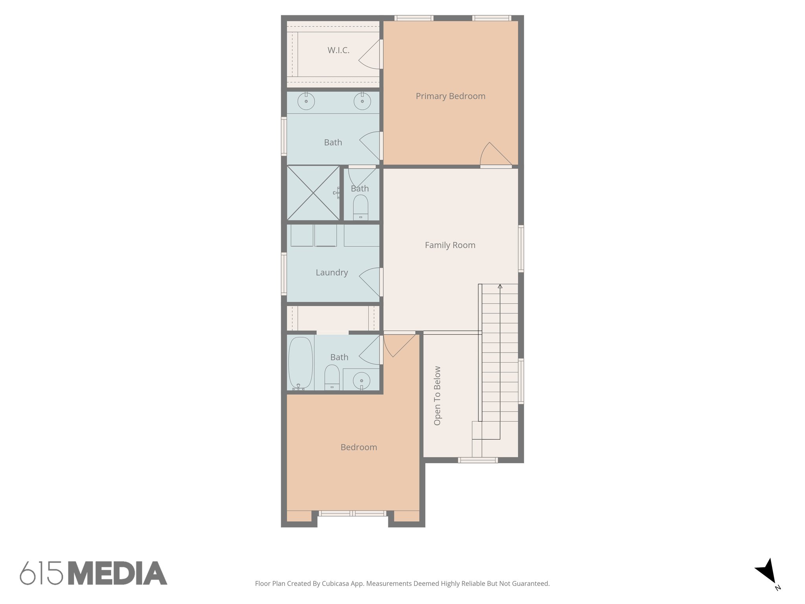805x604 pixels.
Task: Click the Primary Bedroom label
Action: point(450,96)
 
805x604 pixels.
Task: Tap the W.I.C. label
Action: point(338,50)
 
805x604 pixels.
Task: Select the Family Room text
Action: point(450,245)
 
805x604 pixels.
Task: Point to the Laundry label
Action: point(332,273)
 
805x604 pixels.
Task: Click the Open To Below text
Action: point(437,396)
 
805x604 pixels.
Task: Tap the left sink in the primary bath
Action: point(306,101)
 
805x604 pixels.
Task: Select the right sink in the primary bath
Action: point(362,101)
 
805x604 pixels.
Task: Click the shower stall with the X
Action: point(313,193)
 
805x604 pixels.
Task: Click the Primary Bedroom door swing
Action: point(494,155)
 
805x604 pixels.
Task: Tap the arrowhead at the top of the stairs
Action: point(500,286)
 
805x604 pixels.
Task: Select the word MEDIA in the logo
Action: point(118,573)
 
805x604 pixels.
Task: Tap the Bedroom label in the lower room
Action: point(358,447)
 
